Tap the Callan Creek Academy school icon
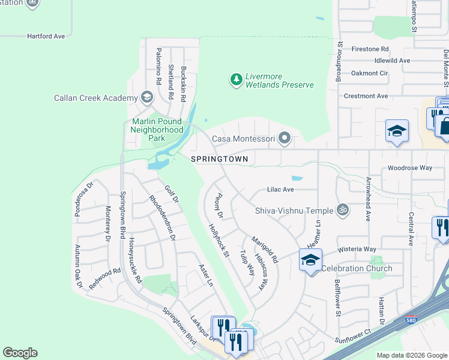click(x=146, y=97)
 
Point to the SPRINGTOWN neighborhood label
click(x=219, y=159)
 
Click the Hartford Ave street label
click(x=46, y=37)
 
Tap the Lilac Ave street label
click(x=280, y=190)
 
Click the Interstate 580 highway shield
click(x=411, y=321)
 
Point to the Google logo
click(x=20, y=353)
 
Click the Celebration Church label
click(x=357, y=268)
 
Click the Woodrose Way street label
click(x=410, y=168)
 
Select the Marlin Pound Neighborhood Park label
click(x=157, y=130)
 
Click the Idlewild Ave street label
click(x=392, y=61)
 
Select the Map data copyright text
click(x=411, y=355)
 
